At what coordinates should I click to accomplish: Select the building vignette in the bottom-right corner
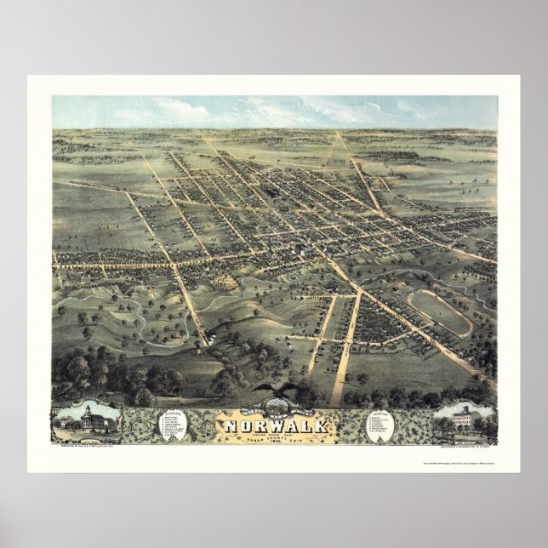[x=460, y=420]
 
